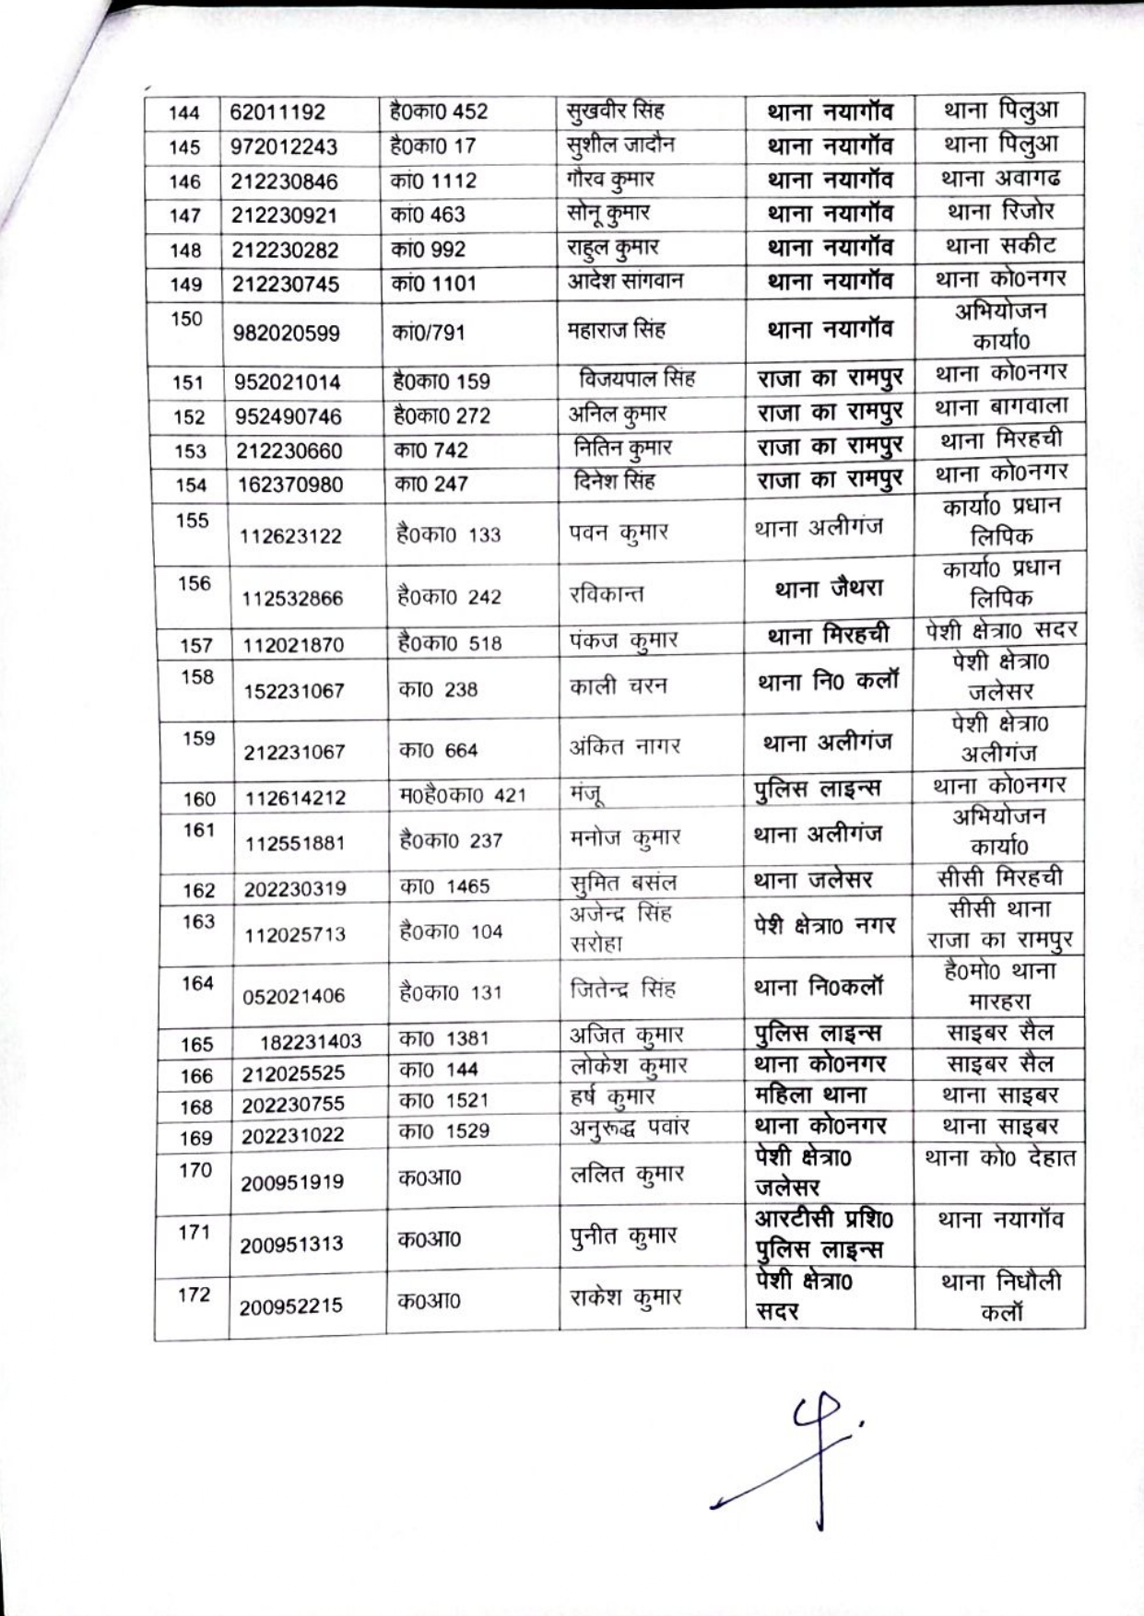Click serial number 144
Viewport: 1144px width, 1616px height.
coord(184,113)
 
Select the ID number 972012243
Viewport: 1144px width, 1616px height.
coord(284,147)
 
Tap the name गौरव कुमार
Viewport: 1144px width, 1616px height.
coord(611,179)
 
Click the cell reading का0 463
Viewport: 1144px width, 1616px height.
coord(429,216)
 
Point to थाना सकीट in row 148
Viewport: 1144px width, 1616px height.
coord(1000,247)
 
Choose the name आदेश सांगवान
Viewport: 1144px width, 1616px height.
coord(625,281)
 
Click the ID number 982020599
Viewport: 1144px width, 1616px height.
coord(287,334)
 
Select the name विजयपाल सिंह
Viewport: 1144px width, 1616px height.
coord(636,379)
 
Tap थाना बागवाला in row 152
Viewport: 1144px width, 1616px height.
coord(1001,406)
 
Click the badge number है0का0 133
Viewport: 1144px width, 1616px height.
coord(449,535)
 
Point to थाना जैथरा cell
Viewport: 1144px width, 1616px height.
coord(829,588)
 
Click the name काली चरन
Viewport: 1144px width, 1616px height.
coord(618,686)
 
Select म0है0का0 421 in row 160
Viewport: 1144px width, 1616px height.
coord(463,795)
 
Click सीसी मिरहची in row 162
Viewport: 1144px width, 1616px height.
coord(1000,878)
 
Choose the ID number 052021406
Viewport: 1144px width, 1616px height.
coord(293,996)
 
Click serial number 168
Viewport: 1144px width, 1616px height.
coord(196,1107)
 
